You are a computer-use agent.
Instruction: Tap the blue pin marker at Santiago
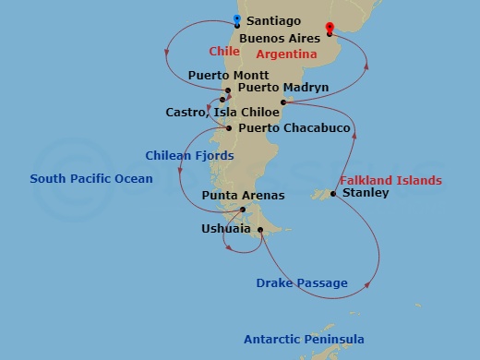point(238,18)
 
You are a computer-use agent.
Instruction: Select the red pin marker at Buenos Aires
point(330,28)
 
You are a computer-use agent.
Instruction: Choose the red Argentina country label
point(285,54)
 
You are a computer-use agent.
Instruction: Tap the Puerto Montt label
point(228,75)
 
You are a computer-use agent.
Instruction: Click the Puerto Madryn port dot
point(283,102)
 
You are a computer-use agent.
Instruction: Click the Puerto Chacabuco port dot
point(230,128)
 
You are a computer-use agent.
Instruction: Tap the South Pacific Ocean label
point(91,178)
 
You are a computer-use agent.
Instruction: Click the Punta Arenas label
point(244,196)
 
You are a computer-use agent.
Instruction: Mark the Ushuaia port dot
point(262,231)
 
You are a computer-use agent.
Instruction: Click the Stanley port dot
point(333,194)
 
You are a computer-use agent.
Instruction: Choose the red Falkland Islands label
point(390,180)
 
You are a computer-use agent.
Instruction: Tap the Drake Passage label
point(302,282)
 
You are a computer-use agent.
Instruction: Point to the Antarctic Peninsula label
point(304,339)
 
